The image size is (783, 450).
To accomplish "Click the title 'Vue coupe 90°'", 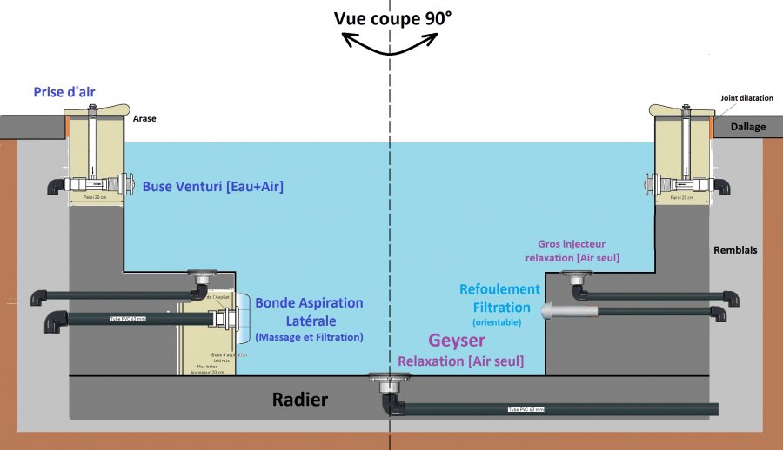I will (x=393, y=17).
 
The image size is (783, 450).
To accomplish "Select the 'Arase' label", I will (x=144, y=119).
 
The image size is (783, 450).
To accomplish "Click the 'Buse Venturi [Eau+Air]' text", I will (x=213, y=185).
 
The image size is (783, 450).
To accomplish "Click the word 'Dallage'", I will (x=748, y=127).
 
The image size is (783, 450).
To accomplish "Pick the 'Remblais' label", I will (x=735, y=250).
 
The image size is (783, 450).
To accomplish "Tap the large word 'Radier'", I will (x=300, y=400).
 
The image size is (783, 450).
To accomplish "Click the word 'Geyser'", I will (x=457, y=341).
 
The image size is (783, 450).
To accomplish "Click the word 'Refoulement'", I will (x=500, y=289).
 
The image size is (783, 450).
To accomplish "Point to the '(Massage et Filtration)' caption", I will (x=309, y=336).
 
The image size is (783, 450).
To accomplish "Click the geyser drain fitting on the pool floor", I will (x=385, y=380).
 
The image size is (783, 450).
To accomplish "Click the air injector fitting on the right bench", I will (x=574, y=276).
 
